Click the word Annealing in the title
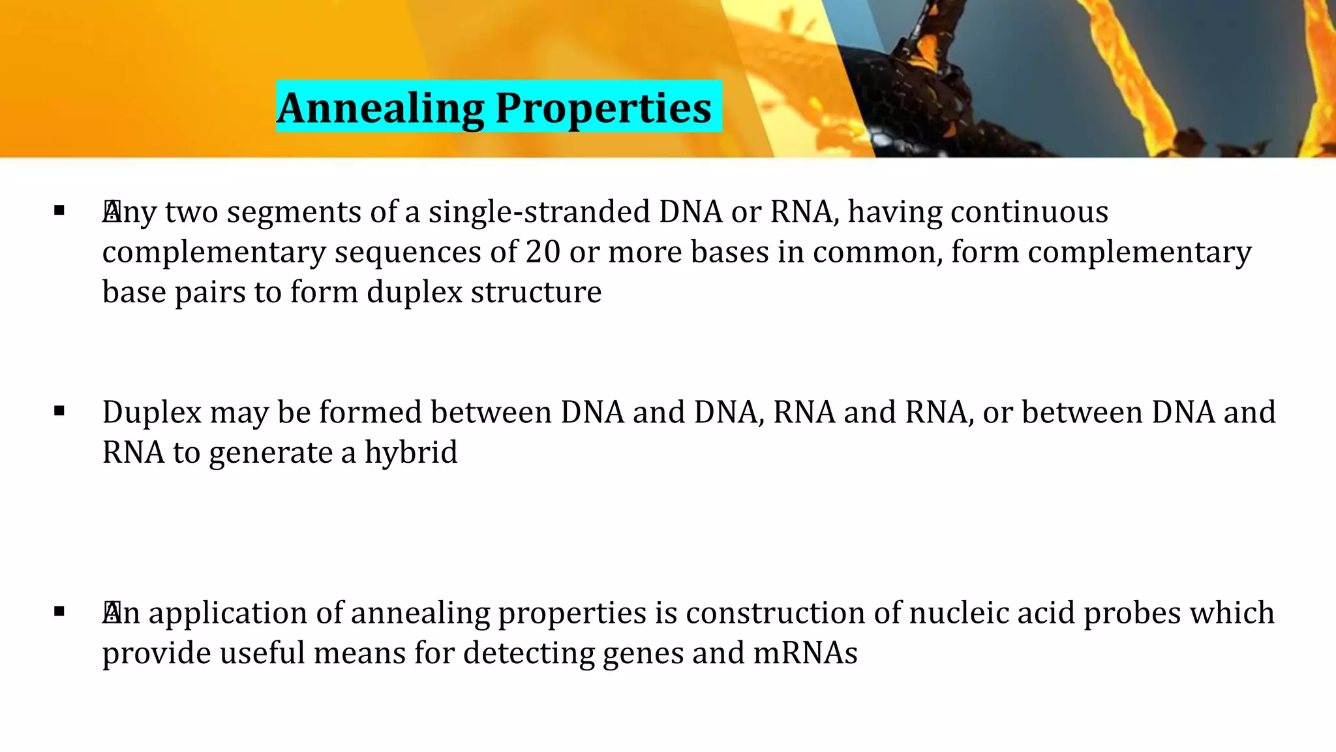tap(380, 108)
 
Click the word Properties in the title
tap(603, 108)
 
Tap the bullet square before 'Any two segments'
tap(60, 211)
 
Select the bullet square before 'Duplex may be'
tap(60, 411)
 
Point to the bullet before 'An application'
tap(60, 612)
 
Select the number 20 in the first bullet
tap(543, 252)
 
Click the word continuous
tap(1029, 212)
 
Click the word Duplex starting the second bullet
tap(152, 413)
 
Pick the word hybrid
tap(411, 452)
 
